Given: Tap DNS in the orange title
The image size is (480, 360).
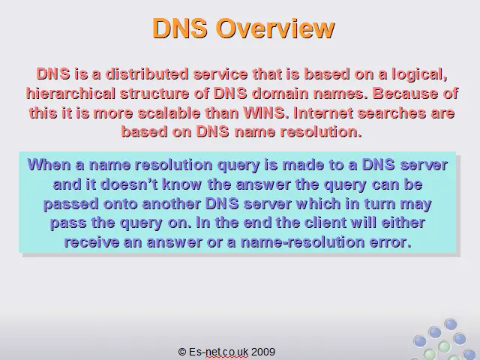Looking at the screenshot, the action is pos(180,28).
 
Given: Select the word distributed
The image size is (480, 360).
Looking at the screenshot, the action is pos(147,74).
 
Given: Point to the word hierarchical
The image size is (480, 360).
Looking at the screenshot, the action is pos(70,94).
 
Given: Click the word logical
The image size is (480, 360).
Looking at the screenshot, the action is pos(420,75).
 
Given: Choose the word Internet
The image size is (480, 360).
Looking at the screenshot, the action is pos(323,113).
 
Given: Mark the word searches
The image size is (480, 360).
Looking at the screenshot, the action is pos(391,113).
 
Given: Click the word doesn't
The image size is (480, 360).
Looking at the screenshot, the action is pos(129,184).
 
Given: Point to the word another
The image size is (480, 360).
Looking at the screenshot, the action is pos(172,204).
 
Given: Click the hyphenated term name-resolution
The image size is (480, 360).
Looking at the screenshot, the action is pos(302,242).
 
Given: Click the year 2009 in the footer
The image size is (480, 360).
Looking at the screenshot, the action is pos(263,352).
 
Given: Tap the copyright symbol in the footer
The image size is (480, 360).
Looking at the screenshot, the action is pos(182,352).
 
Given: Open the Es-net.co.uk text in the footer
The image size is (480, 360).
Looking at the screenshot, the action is pos(218,352).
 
